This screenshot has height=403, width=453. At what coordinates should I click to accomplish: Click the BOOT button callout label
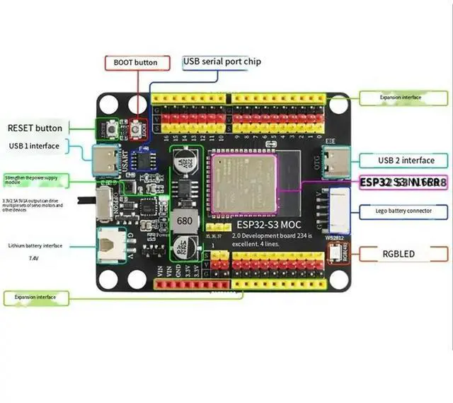[x=135, y=62]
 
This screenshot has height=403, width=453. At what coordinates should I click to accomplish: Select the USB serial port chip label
[x=222, y=62]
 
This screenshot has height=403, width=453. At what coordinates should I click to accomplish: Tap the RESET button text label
[x=35, y=128]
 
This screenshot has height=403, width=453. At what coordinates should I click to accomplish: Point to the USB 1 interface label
[x=34, y=146]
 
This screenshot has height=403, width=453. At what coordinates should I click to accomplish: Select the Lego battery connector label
[x=403, y=211]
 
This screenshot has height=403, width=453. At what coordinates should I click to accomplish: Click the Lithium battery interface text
[x=35, y=245]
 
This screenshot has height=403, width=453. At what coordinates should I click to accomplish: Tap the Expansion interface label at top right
[x=401, y=98]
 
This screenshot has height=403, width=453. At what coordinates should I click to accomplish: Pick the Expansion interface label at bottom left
[x=35, y=297]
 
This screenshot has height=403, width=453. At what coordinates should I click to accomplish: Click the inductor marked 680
[x=185, y=221]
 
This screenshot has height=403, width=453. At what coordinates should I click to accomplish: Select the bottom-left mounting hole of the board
[x=108, y=279]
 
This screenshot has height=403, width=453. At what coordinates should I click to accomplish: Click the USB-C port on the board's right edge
[x=331, y=163]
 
